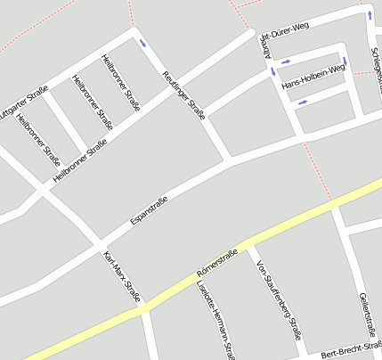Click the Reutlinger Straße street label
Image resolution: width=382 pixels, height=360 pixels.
pos(184,94)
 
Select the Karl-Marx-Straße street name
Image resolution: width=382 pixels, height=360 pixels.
pos(122,277)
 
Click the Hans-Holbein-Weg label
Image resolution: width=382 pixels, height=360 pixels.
pos(313,78)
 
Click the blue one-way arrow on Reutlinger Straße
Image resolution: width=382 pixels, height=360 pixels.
pos(142,42)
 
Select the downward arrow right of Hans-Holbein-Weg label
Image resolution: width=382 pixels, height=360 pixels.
pos(345,62)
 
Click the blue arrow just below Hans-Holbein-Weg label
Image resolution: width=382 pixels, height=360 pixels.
pos(303,102)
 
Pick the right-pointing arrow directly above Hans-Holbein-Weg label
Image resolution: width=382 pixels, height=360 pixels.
pos(286,61)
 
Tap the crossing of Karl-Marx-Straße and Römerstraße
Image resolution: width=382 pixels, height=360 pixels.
pos(143,309)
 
